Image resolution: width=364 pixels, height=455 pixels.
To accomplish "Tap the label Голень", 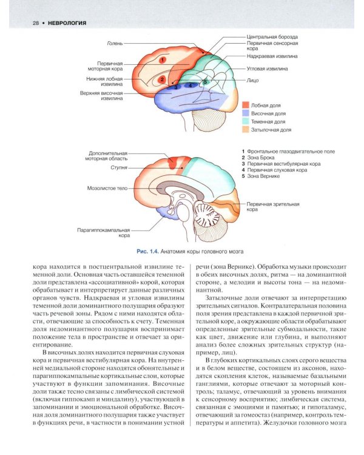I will click(115, 43).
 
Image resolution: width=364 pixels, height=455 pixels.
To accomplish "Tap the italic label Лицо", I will click(253, 79).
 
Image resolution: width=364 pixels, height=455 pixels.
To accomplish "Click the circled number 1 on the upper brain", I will click(162, 59).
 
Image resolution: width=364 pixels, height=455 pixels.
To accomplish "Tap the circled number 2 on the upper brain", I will click(162, 79).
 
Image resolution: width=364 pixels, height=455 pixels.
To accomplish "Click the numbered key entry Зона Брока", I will click(260, 157).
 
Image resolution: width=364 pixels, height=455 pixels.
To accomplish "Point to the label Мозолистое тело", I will click(107, 188).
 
